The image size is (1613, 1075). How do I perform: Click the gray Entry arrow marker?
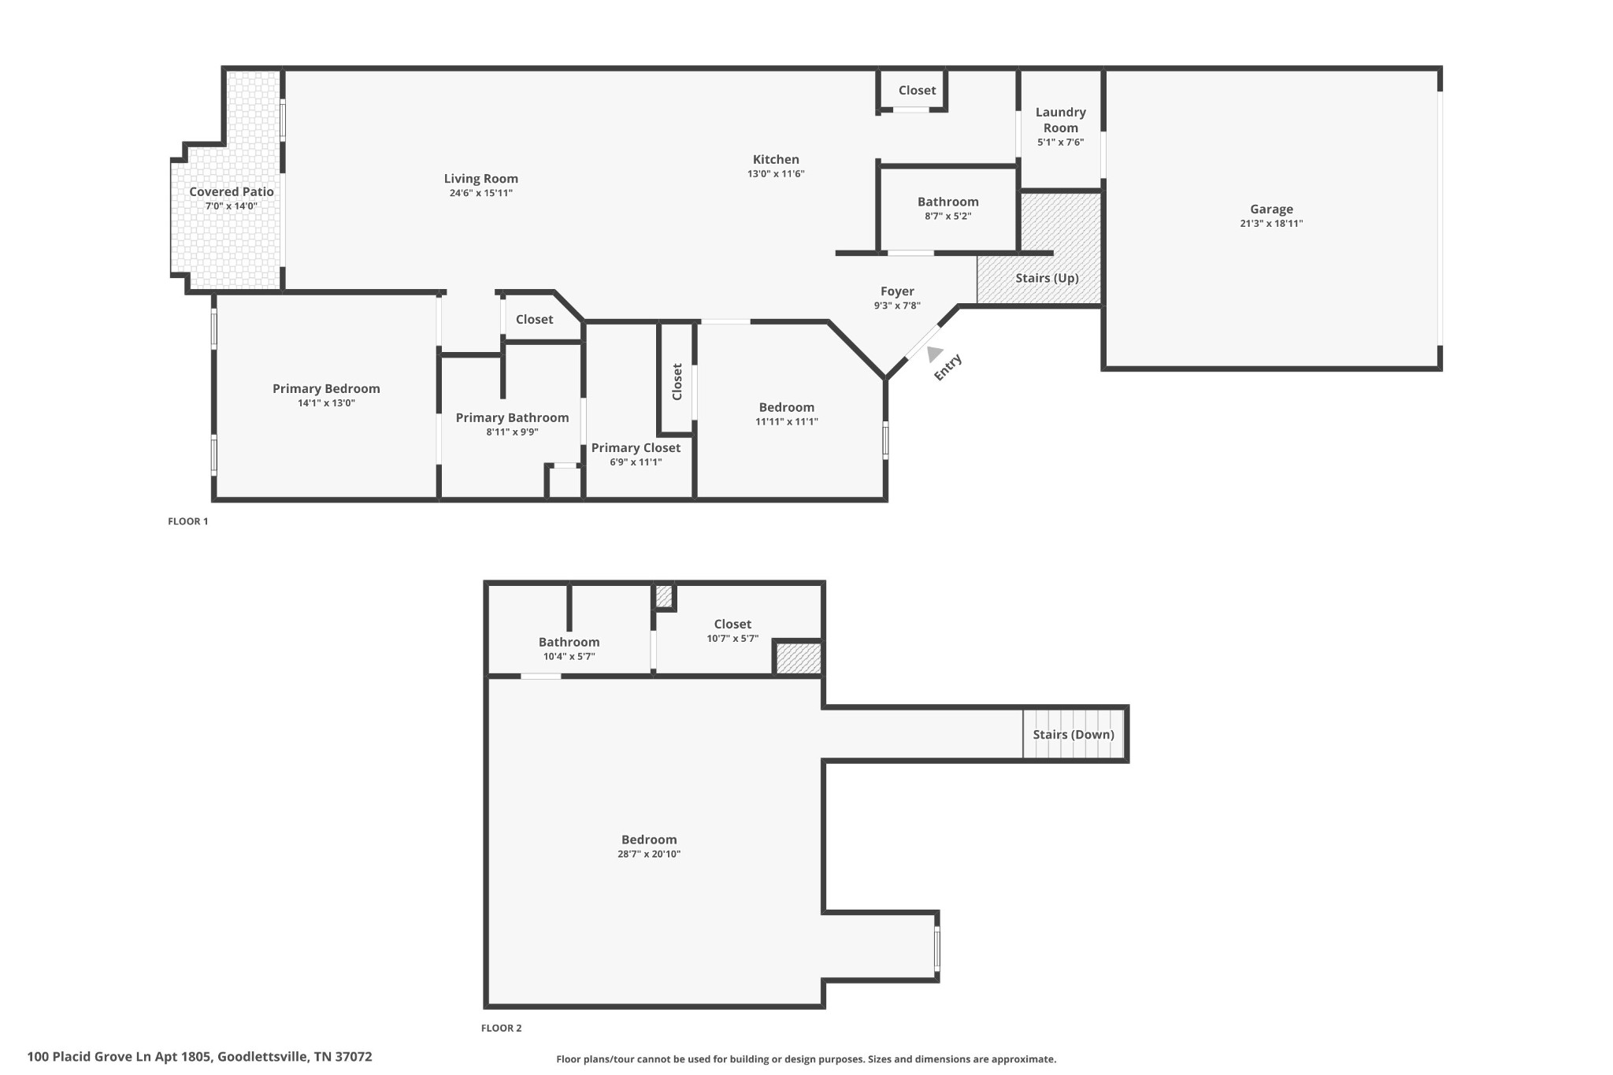point(934,354)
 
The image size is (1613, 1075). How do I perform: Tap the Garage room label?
point(1271,209)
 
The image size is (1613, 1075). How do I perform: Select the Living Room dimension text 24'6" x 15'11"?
point(481,193)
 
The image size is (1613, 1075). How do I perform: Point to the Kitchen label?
point(776,159)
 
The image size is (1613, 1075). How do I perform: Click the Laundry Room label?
point(1061,120)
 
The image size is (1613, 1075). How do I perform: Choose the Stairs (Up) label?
point(1047,278)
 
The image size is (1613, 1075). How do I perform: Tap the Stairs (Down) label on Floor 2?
point(1073,735)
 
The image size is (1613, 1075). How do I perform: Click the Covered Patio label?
point(232,191)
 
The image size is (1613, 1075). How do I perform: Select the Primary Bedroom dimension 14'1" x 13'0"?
point(326,403)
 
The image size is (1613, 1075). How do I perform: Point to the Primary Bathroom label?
point(512,418)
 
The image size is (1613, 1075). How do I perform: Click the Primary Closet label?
point(636,448)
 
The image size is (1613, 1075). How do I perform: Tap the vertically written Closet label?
point(677,382)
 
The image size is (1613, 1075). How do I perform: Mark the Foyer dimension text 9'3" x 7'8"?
point(897,306)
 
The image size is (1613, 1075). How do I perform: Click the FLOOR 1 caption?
point(188,521)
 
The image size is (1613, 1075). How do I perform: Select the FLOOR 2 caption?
point(502,1028)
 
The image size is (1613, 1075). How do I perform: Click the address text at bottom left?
point(199,1057)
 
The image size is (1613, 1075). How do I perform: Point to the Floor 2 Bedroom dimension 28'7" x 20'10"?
point(649,854)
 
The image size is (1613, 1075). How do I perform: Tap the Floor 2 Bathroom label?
point(569,643)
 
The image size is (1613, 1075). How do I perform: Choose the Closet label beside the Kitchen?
point(917,91)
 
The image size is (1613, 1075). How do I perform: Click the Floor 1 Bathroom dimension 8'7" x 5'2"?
point(948,217)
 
